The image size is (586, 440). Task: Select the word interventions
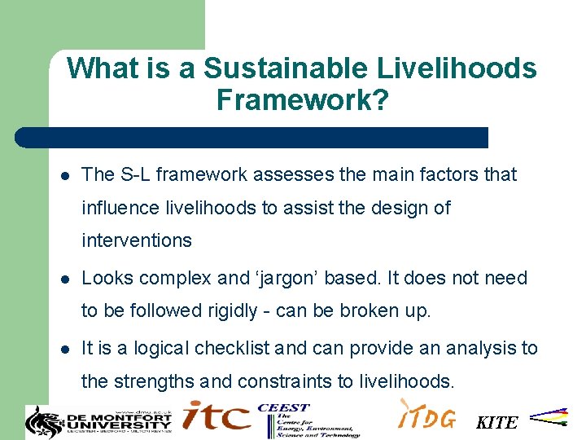[137, 240]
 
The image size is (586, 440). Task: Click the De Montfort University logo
[99, 420]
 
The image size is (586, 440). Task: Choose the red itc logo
[216, 417]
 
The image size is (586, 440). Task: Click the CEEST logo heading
[283, 407]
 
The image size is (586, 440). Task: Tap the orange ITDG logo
[426, 417]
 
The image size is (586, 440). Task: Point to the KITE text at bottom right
[496, 423]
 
